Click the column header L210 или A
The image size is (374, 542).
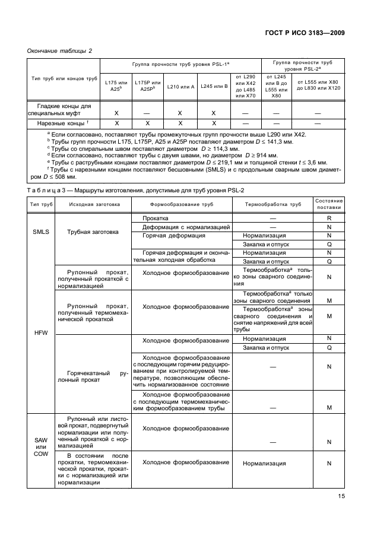click(180, 87)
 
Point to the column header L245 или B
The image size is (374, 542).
click(214, 87)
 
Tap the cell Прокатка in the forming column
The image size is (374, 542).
click(156, 218)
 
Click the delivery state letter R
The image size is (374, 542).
click(328, 218)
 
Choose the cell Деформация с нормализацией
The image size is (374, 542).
click(182, 227)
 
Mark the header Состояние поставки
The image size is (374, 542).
click(328, 204)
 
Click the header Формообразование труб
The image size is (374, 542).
click(182, 204)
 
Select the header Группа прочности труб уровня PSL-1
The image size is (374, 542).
click(180, 64)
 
